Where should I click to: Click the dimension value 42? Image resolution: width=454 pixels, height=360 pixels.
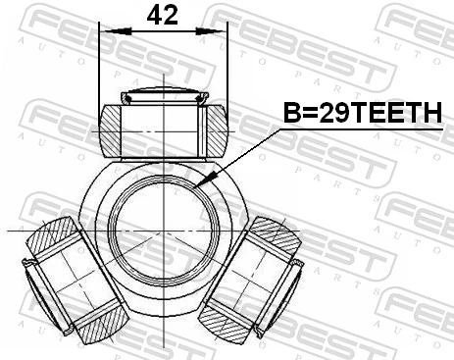162,15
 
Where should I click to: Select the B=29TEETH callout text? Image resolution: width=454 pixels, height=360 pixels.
363,115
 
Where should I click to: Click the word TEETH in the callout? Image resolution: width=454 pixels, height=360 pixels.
397,115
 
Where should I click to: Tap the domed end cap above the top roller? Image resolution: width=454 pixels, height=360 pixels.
162,96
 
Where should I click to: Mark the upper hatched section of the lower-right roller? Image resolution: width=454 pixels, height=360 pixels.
275,238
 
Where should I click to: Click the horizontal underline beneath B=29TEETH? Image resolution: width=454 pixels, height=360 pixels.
363,129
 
